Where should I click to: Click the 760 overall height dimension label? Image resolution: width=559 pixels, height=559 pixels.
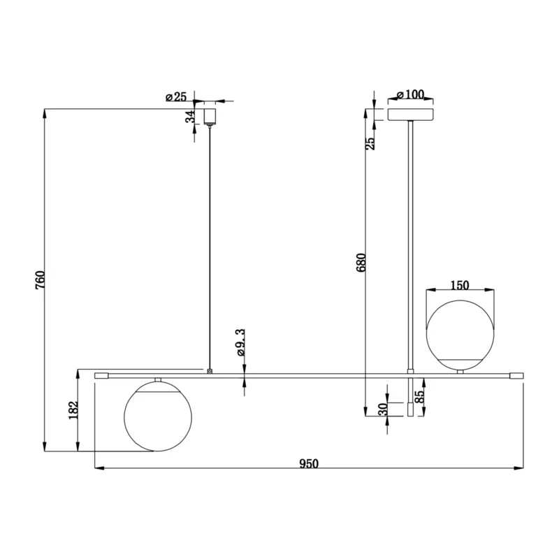[x=41, y=280]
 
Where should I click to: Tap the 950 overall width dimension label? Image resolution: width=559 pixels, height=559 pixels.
[x=309, y=463]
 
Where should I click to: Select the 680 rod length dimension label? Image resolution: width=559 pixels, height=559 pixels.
[x=361, y=263]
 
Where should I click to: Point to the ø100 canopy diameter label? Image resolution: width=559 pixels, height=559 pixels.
[x=410, y=95]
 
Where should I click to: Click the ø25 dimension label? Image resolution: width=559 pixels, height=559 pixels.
[x=176, y=96]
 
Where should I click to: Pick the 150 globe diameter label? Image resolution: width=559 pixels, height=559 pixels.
[x=460, y=285]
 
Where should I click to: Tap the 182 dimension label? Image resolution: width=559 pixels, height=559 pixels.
[x=73, y=410]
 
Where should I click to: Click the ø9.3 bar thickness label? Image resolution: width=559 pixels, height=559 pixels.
[x=241, y=342]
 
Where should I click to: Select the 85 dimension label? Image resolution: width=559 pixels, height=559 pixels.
[x=421, y=397]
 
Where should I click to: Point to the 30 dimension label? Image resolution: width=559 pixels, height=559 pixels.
[x=383, y=409]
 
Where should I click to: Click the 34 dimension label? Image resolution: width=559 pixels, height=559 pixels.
[x=190, y=117]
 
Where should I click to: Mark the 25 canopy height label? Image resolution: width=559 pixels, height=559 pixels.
[x=371, y=143]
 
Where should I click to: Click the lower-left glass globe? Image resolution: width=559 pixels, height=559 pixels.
[x=158, y=416]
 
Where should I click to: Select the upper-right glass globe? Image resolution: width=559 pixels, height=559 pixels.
[x=460, y=335]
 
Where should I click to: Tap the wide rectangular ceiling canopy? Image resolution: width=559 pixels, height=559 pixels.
[x=411, y=115]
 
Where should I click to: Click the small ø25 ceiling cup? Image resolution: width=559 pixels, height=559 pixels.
[x=210, y=116]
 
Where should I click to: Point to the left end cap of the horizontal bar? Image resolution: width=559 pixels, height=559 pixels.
[x=101, y=376]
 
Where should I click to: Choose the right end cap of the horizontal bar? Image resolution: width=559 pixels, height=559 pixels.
[x=516, y=376]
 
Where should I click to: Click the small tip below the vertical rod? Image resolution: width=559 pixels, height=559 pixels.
[x=410, y=409]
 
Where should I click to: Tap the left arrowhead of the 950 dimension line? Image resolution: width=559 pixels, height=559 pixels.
[x=99, y=468]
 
